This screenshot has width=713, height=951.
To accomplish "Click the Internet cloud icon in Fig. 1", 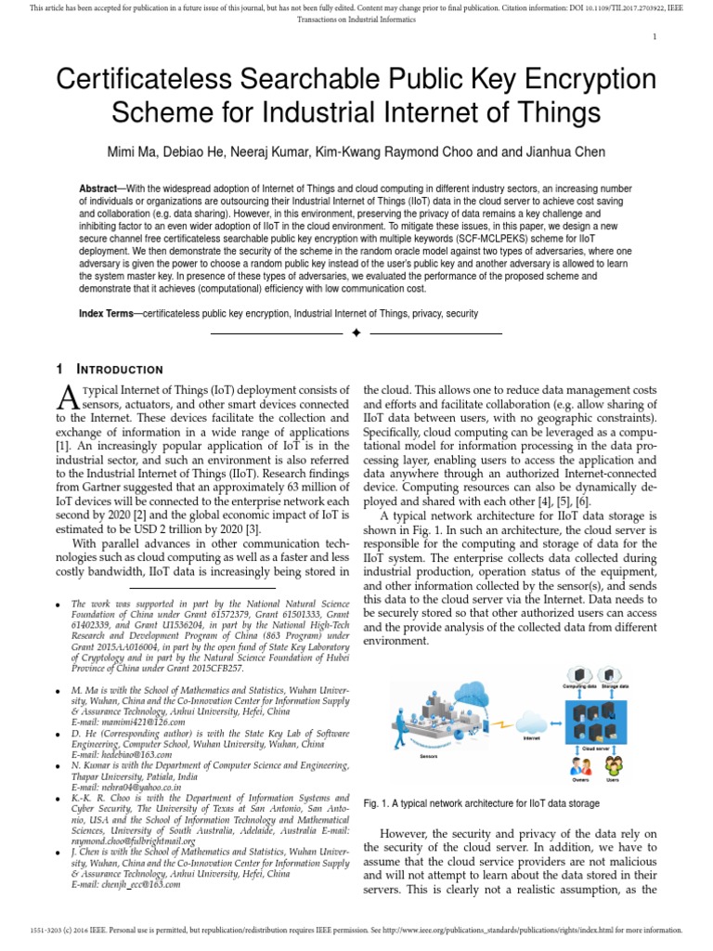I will pyautogui.click(x=532, y=720).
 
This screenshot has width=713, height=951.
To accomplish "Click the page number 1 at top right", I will pyautogui.click(x=655, y=36).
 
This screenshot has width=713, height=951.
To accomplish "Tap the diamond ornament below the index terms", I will pyautogui.click(x=356, y=332).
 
